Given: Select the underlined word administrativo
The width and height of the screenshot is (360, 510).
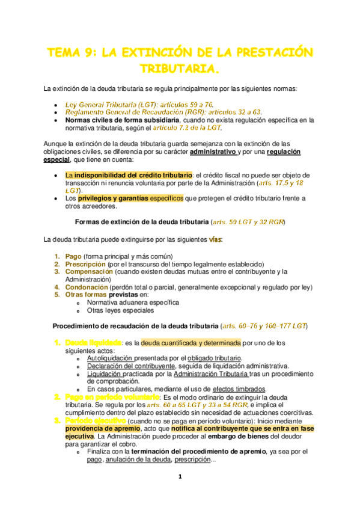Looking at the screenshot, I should (213, 152).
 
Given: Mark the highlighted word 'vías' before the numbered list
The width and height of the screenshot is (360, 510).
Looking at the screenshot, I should (215, 240).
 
